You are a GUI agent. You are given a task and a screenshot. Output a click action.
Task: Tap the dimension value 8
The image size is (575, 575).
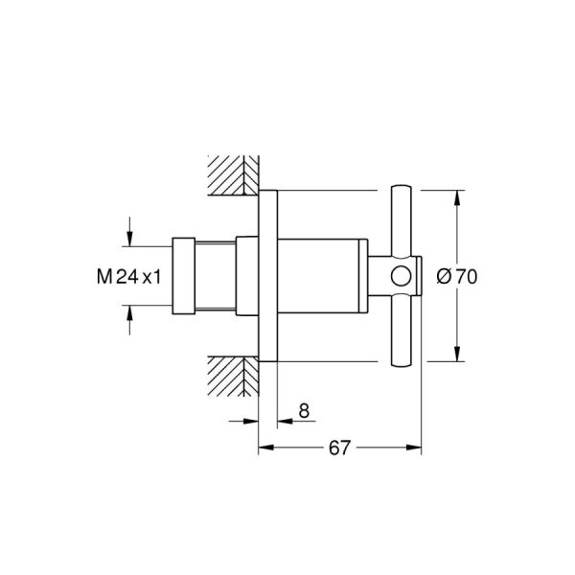pyautogui.click(x=304, y=411)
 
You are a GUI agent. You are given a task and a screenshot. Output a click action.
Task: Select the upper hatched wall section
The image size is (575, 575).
pyautogui.click(x=233, y=172)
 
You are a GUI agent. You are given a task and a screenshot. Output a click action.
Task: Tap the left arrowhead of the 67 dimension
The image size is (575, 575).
pyautogui.click(x=264, y=448)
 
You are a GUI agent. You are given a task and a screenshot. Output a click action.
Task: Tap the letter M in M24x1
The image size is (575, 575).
pyautogui.click(x=103, y=277)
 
